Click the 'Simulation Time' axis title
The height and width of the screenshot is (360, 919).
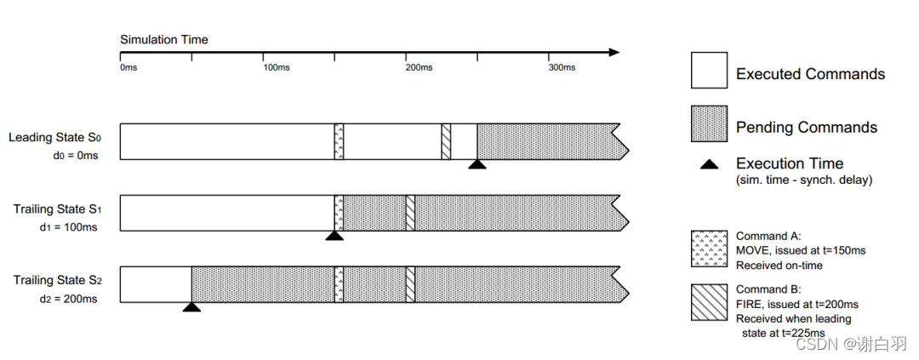click(163, 40)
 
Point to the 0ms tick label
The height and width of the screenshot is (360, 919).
click(128, 66)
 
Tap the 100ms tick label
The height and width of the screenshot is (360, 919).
click(274, 66)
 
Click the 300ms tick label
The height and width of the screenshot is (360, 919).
click(562, 66)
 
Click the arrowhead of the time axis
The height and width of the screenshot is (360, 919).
click(614, 53)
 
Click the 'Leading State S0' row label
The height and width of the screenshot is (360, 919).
click(54, 137)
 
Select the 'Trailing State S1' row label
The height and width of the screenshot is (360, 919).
click(56, 209)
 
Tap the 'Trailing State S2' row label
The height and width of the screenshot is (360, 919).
click(56, 280)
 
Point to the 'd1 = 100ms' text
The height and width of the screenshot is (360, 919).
click(69, 227)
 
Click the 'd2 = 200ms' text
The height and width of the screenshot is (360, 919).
click(69, 299)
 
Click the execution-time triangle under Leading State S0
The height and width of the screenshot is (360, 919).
click(477, 164)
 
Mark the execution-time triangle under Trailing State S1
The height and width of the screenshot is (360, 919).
click(334, 236)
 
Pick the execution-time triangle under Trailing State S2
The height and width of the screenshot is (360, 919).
click(191, 306)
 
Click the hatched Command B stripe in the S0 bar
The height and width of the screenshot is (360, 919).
click(446, 141)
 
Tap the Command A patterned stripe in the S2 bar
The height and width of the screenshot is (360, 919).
click(339, 284)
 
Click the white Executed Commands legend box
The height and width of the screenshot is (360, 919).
click(709, 71)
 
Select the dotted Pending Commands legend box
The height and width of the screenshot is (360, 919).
click(709, 124)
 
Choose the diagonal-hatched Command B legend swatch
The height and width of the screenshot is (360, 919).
click(709, 300)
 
